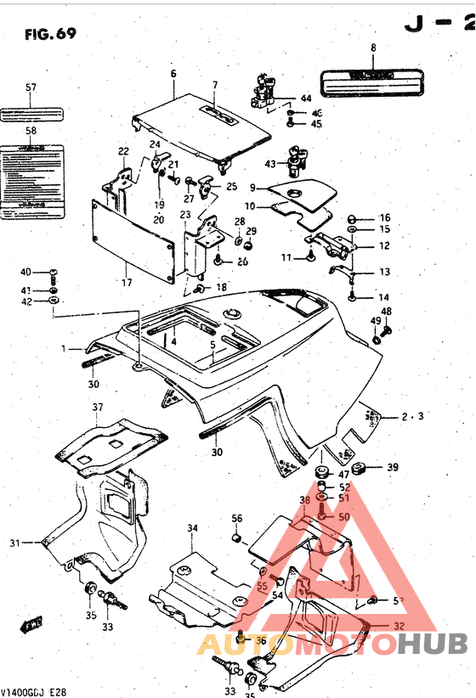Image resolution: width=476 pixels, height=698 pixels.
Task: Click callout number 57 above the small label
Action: (31, 87)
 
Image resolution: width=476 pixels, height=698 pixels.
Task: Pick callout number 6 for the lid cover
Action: (173, 74)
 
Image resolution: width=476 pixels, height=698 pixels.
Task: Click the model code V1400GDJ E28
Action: (34, 690)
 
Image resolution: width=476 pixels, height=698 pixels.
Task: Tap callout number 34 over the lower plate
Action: (193, 528)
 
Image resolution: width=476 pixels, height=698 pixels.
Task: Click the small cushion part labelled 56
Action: (238, 537)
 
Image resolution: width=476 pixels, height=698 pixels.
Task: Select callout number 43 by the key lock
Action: (270, 163)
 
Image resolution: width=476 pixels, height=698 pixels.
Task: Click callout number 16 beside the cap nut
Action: (384, 217)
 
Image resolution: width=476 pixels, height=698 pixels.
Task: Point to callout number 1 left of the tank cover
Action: (63, 348)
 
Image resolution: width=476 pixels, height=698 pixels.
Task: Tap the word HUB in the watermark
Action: (433, 645)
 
